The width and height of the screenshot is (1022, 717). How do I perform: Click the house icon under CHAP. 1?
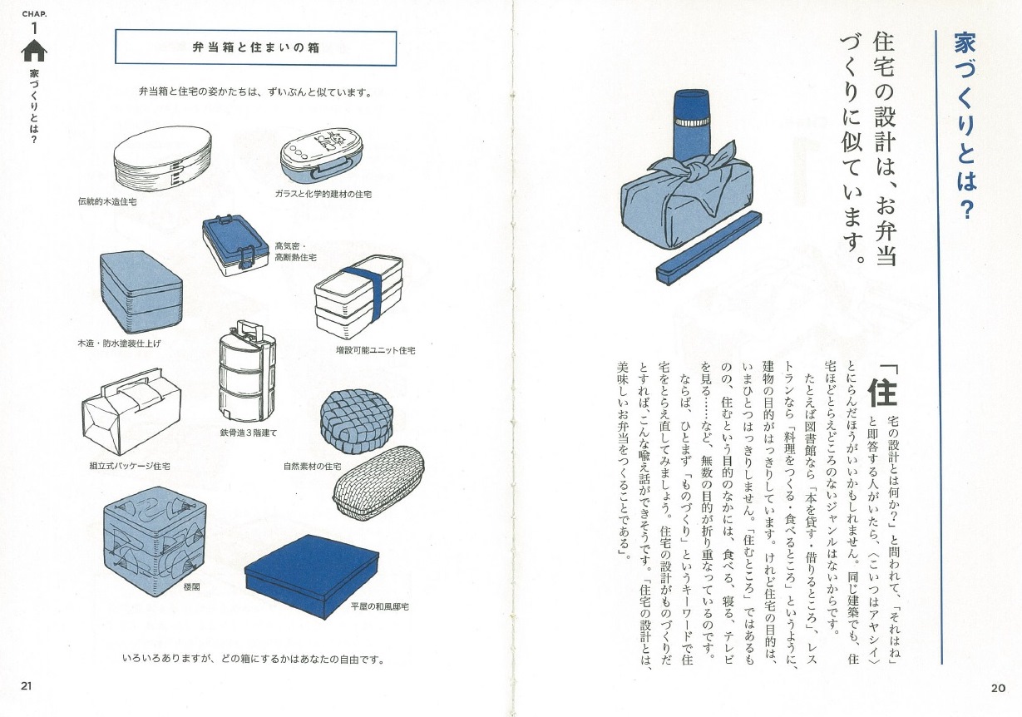(34, 51)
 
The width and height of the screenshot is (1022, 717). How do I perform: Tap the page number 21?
(26, 686)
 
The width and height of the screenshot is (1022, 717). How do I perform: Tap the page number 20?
(998, 687)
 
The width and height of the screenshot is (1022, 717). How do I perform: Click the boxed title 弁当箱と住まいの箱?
(255, 48)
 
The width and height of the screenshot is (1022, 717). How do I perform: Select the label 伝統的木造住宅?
(107, 200)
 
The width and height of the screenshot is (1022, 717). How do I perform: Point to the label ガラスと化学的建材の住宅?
(323, 194)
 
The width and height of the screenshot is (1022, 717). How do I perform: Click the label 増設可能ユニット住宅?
(375, 350)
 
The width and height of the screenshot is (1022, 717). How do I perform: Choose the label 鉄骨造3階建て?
(249, 433)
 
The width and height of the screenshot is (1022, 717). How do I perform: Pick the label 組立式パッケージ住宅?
(123, 467)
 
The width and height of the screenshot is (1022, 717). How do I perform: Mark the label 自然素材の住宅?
(312, 467)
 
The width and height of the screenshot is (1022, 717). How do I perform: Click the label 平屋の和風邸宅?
(380, 607)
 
